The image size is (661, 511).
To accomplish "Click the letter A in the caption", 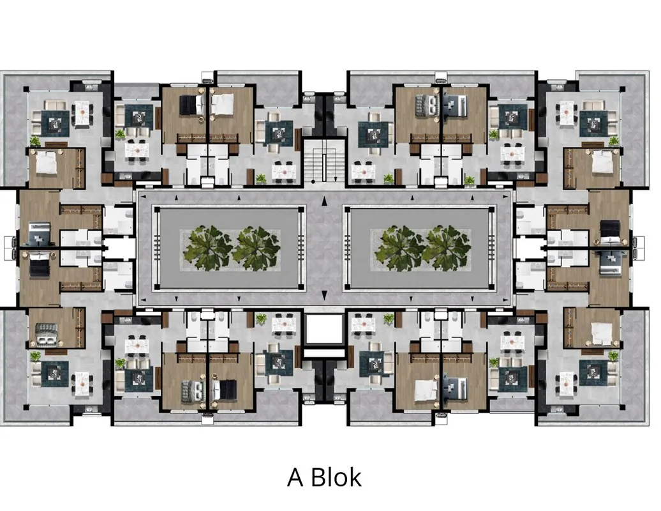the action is [295, 477].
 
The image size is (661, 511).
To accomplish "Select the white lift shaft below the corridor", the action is [323, 329].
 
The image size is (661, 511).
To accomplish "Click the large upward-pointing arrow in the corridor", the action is [323, 201].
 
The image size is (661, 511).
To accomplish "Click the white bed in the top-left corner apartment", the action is [46, 163].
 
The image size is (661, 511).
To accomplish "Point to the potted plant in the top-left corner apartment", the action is [34, 141].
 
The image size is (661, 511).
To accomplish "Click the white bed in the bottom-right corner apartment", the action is [602, 334].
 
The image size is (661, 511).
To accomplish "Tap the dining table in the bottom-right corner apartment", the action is [566, 384].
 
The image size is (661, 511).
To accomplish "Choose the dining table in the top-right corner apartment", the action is [566, 113].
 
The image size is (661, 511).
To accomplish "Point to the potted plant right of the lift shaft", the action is [389, 319].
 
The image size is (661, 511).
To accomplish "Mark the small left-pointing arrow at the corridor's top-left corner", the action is [144, 197].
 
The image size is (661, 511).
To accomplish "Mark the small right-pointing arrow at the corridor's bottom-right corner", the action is [505, 300].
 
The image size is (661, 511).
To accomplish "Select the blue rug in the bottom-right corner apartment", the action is [593, 373].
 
